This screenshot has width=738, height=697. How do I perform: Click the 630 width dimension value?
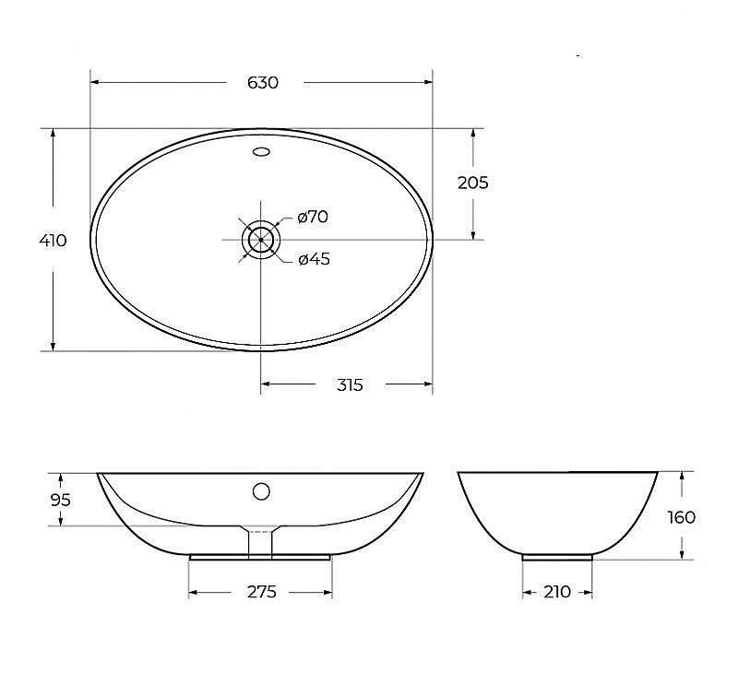point(263,83)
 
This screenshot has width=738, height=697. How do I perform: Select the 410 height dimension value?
point(54,241)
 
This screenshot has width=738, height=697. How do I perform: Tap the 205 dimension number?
point(473,183)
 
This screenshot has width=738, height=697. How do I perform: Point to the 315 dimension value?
point(349,385)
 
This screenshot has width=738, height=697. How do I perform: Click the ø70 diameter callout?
point(313,218)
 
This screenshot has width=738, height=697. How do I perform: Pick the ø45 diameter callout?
point(314,259)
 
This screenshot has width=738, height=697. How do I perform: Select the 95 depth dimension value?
point(60,500)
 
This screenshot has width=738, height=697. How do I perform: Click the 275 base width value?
point(261,592)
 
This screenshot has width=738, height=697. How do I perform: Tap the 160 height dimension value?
point(682,517)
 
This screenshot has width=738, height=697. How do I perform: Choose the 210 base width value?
point(557,592)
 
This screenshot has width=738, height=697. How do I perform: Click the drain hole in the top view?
point(261,239)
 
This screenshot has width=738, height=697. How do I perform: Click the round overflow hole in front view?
point(261,490)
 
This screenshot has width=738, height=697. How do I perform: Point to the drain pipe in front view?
point(261,543)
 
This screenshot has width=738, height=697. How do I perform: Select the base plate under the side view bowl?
point(557,557)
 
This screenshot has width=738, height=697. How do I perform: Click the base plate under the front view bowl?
point(260,558)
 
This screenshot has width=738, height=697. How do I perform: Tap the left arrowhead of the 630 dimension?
point(95,83)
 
